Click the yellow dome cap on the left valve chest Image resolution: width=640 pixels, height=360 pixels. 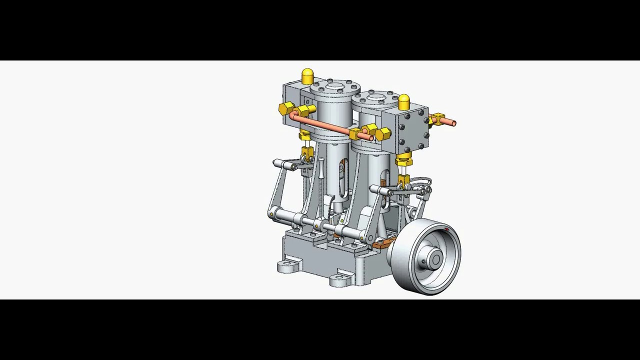307,76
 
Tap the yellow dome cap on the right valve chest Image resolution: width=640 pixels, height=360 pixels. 404,101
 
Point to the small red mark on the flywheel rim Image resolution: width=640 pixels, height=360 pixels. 446,229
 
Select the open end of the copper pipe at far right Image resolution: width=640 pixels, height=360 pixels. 453,122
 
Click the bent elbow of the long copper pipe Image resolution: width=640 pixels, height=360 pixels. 293,117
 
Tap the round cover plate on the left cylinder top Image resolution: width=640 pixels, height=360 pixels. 334,87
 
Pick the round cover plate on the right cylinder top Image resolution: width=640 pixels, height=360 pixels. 376,97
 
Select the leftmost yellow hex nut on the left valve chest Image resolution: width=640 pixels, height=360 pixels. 286,108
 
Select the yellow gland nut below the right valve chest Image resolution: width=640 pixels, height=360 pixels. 403,161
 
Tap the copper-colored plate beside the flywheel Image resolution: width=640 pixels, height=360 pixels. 382,243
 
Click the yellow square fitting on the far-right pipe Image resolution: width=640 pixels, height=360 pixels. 438,119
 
